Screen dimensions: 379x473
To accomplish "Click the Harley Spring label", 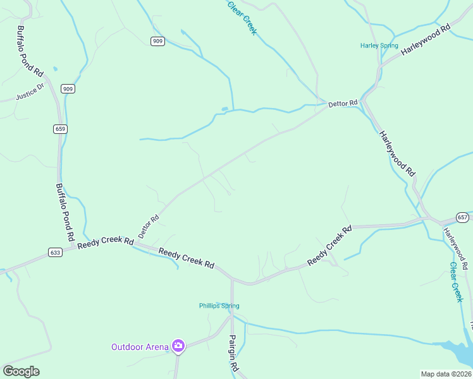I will coord(379,45).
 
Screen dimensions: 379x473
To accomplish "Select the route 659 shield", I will coord(60,129).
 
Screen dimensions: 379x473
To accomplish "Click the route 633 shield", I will coord(55,253).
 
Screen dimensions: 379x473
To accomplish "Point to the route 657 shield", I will coord(462,217).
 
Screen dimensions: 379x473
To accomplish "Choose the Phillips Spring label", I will coord(219,306).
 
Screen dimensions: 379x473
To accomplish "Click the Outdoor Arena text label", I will coord(140,347).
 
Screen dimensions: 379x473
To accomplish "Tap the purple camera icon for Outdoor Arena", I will coord(178,346).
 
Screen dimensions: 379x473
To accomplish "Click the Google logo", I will coord(21,371).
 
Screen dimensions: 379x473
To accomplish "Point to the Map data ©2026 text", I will coord(445,374).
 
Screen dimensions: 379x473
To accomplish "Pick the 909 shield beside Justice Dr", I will coord(68,89).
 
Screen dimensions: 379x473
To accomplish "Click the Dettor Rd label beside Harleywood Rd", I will coord(343,103).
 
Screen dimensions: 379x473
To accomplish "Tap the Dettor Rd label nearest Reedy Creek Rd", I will coord(149,226).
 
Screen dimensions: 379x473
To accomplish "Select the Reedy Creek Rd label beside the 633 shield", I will coord(106,241).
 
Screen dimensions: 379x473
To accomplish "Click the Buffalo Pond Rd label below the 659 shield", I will coord(65,212).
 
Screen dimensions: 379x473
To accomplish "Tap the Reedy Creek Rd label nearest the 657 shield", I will coord(329,246).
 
